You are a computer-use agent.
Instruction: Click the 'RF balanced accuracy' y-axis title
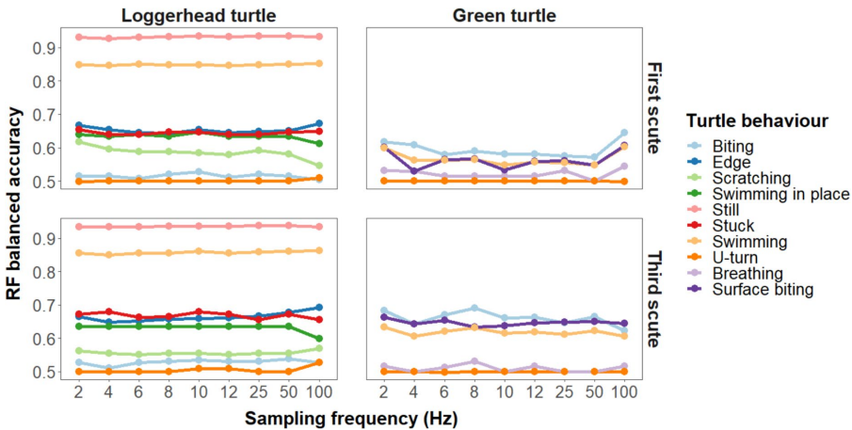[x=14, y=202]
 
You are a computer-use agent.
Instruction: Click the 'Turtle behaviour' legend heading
[x=757, y=121]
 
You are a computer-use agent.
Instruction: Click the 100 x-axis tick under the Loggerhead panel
[x=320, y=390]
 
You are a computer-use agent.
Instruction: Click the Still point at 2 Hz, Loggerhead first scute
[x=80, y=37]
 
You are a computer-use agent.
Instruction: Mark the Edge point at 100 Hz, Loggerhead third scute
[x=321, y=308]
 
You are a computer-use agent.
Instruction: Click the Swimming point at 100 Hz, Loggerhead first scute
[x=321, y=63]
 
